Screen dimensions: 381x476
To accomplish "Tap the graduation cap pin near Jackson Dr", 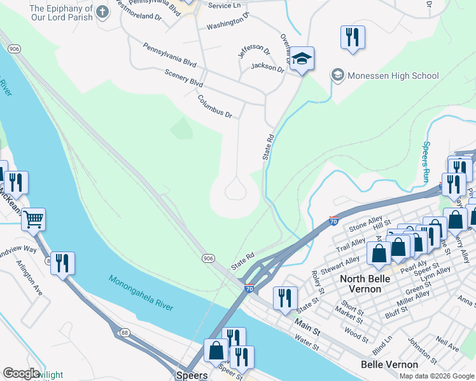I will pyautogui.click(x=301, y=60).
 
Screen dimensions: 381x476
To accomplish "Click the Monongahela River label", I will pyautogui.click(x=140, y=293).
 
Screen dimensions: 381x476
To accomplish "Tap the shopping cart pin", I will pyautogui.click(x=34, y=219).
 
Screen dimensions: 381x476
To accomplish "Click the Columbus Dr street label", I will pyautogui.click(x=215, y=106).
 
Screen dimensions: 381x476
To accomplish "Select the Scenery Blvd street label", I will pyautogui.click(x=183, y=79).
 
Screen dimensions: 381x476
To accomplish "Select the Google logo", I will pyautogui.click(x=20, y=373).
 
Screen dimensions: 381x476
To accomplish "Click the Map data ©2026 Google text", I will pyautogui.click(x=436, y=376).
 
